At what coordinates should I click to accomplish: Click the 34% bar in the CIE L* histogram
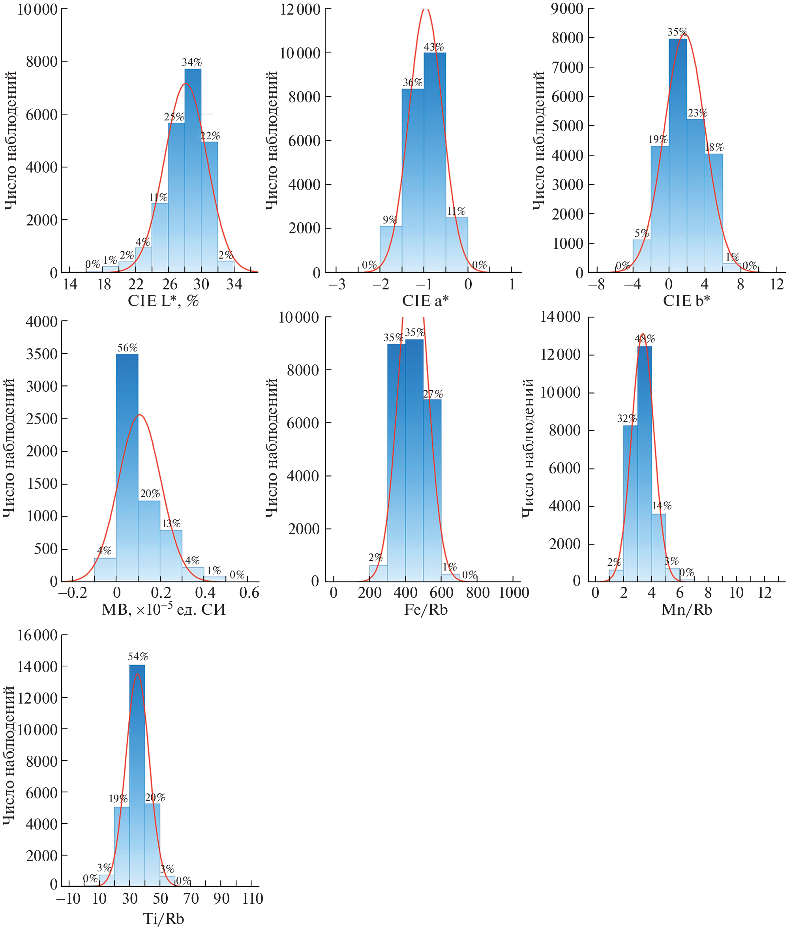click(x=193, y=171)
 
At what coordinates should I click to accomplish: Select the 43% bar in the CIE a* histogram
click(x=435, y=161)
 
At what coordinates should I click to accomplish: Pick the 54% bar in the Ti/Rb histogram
click(x=137, y=776)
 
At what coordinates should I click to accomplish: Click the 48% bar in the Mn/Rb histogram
click(x=644, y=462)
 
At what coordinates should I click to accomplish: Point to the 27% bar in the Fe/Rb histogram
click(x=432, y=489)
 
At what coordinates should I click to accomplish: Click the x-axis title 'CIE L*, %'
click(x=163, y=301)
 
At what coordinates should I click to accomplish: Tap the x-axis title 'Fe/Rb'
click(x=426, y=610)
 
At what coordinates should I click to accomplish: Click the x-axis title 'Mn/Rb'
click(x=686, y=610)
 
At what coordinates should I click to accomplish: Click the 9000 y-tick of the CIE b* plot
click(x=567, y=9)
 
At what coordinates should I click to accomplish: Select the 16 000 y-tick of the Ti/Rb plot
click(x=37, y=635)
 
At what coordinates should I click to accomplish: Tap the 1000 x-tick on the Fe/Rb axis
click(x=514, y=593)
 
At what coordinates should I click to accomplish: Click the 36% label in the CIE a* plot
click(x=412, y=83)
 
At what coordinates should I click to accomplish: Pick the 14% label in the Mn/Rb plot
click(x=662, y=506)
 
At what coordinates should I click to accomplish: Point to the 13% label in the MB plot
click(x=171, y=523)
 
